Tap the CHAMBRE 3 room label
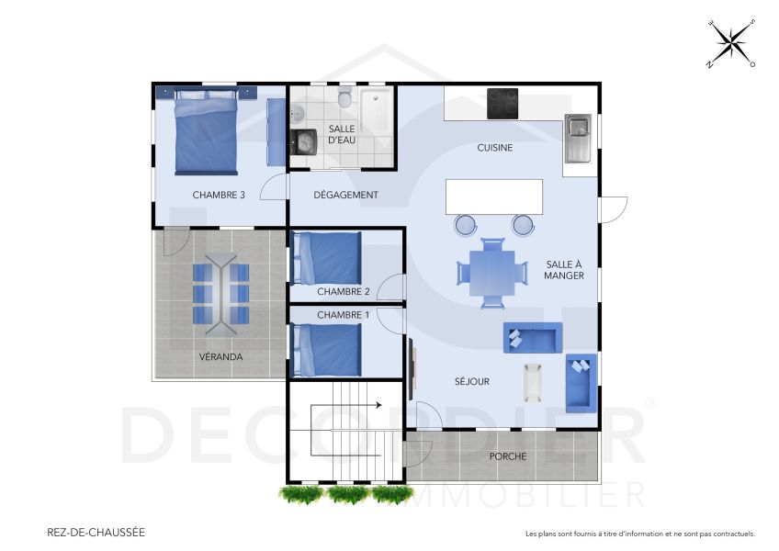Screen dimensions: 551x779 [219, 195]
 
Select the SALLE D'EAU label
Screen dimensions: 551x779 [342, 134]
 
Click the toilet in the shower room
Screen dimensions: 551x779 [345, 97]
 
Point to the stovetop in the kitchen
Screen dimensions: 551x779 [502, 103]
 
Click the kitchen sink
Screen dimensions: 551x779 [578, 138]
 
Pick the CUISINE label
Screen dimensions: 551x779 [494, 148]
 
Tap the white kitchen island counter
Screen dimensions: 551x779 [493, 197]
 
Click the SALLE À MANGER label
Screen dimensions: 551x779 [564, 268]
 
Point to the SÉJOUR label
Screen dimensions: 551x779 [472, 381]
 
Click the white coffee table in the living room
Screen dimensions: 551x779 [533, 382]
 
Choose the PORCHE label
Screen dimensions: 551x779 [507, 456]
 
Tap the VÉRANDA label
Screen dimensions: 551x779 [220, 356]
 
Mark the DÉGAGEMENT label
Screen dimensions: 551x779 [345, 195]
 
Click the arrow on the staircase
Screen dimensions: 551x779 [377, 403]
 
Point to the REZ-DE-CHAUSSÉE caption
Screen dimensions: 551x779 [96, 532]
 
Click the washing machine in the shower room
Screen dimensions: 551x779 [303, 141]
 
